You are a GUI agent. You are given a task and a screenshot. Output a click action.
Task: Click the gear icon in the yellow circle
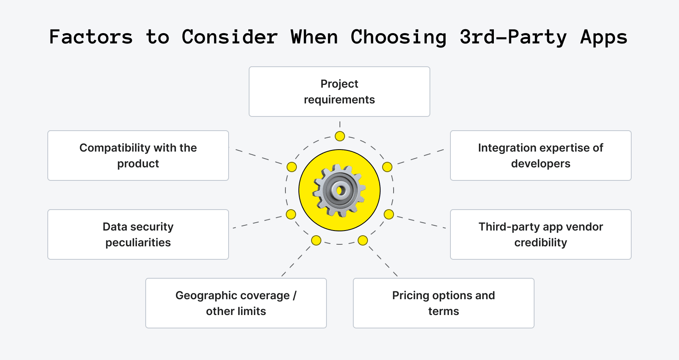[339, 191]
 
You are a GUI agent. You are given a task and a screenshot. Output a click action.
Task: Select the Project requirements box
[339, 92]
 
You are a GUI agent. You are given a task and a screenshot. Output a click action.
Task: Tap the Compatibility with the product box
[138, 156]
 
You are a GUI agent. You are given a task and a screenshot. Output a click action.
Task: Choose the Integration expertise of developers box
[541, 156]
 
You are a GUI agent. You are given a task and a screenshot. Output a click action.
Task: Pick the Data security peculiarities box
[138, 234]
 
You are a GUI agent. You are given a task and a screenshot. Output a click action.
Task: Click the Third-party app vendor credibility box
[541, 234]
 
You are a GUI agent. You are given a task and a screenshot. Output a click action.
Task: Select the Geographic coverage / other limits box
[236, 303]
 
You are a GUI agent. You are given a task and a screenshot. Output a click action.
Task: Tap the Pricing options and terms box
[444, 303]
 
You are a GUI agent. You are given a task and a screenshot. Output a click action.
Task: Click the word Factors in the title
[91, 37]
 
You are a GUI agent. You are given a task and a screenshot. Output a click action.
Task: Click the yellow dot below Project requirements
[340, 136]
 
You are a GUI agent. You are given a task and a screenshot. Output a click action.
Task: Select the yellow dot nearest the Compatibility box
[292, 167]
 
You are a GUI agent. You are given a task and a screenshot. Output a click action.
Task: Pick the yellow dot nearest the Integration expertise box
[387, 167]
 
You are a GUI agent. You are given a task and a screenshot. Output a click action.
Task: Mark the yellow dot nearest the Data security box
[291, 214]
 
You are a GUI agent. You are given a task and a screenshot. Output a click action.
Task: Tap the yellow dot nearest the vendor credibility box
[389, 214]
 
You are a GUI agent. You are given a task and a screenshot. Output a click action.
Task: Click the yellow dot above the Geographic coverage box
[316, 240]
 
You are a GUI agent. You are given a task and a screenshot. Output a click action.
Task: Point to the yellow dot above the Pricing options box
[363, 240]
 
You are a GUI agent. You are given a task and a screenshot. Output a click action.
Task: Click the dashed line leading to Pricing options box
[383, 261]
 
